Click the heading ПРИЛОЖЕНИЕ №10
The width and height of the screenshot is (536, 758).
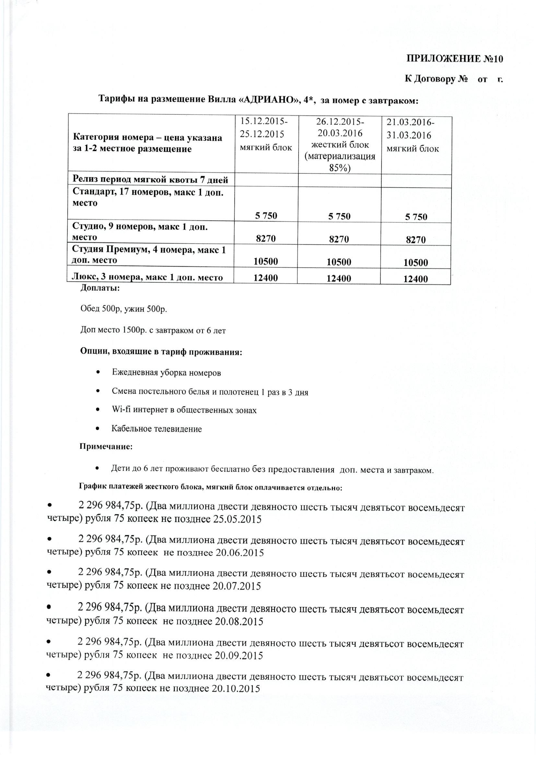coord(454,59)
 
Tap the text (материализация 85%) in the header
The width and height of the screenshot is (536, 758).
coord(340,162)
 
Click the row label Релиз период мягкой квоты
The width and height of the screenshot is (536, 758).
coord(150,180)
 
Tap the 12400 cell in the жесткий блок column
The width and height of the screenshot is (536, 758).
coord(339,279)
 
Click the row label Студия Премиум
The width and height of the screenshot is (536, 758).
coord(148,255)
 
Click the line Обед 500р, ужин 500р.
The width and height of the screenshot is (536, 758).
coord(124,309)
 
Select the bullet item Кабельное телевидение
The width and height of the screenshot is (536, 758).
coord(157,429)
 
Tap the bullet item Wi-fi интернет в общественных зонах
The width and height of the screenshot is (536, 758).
coord(184,410)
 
